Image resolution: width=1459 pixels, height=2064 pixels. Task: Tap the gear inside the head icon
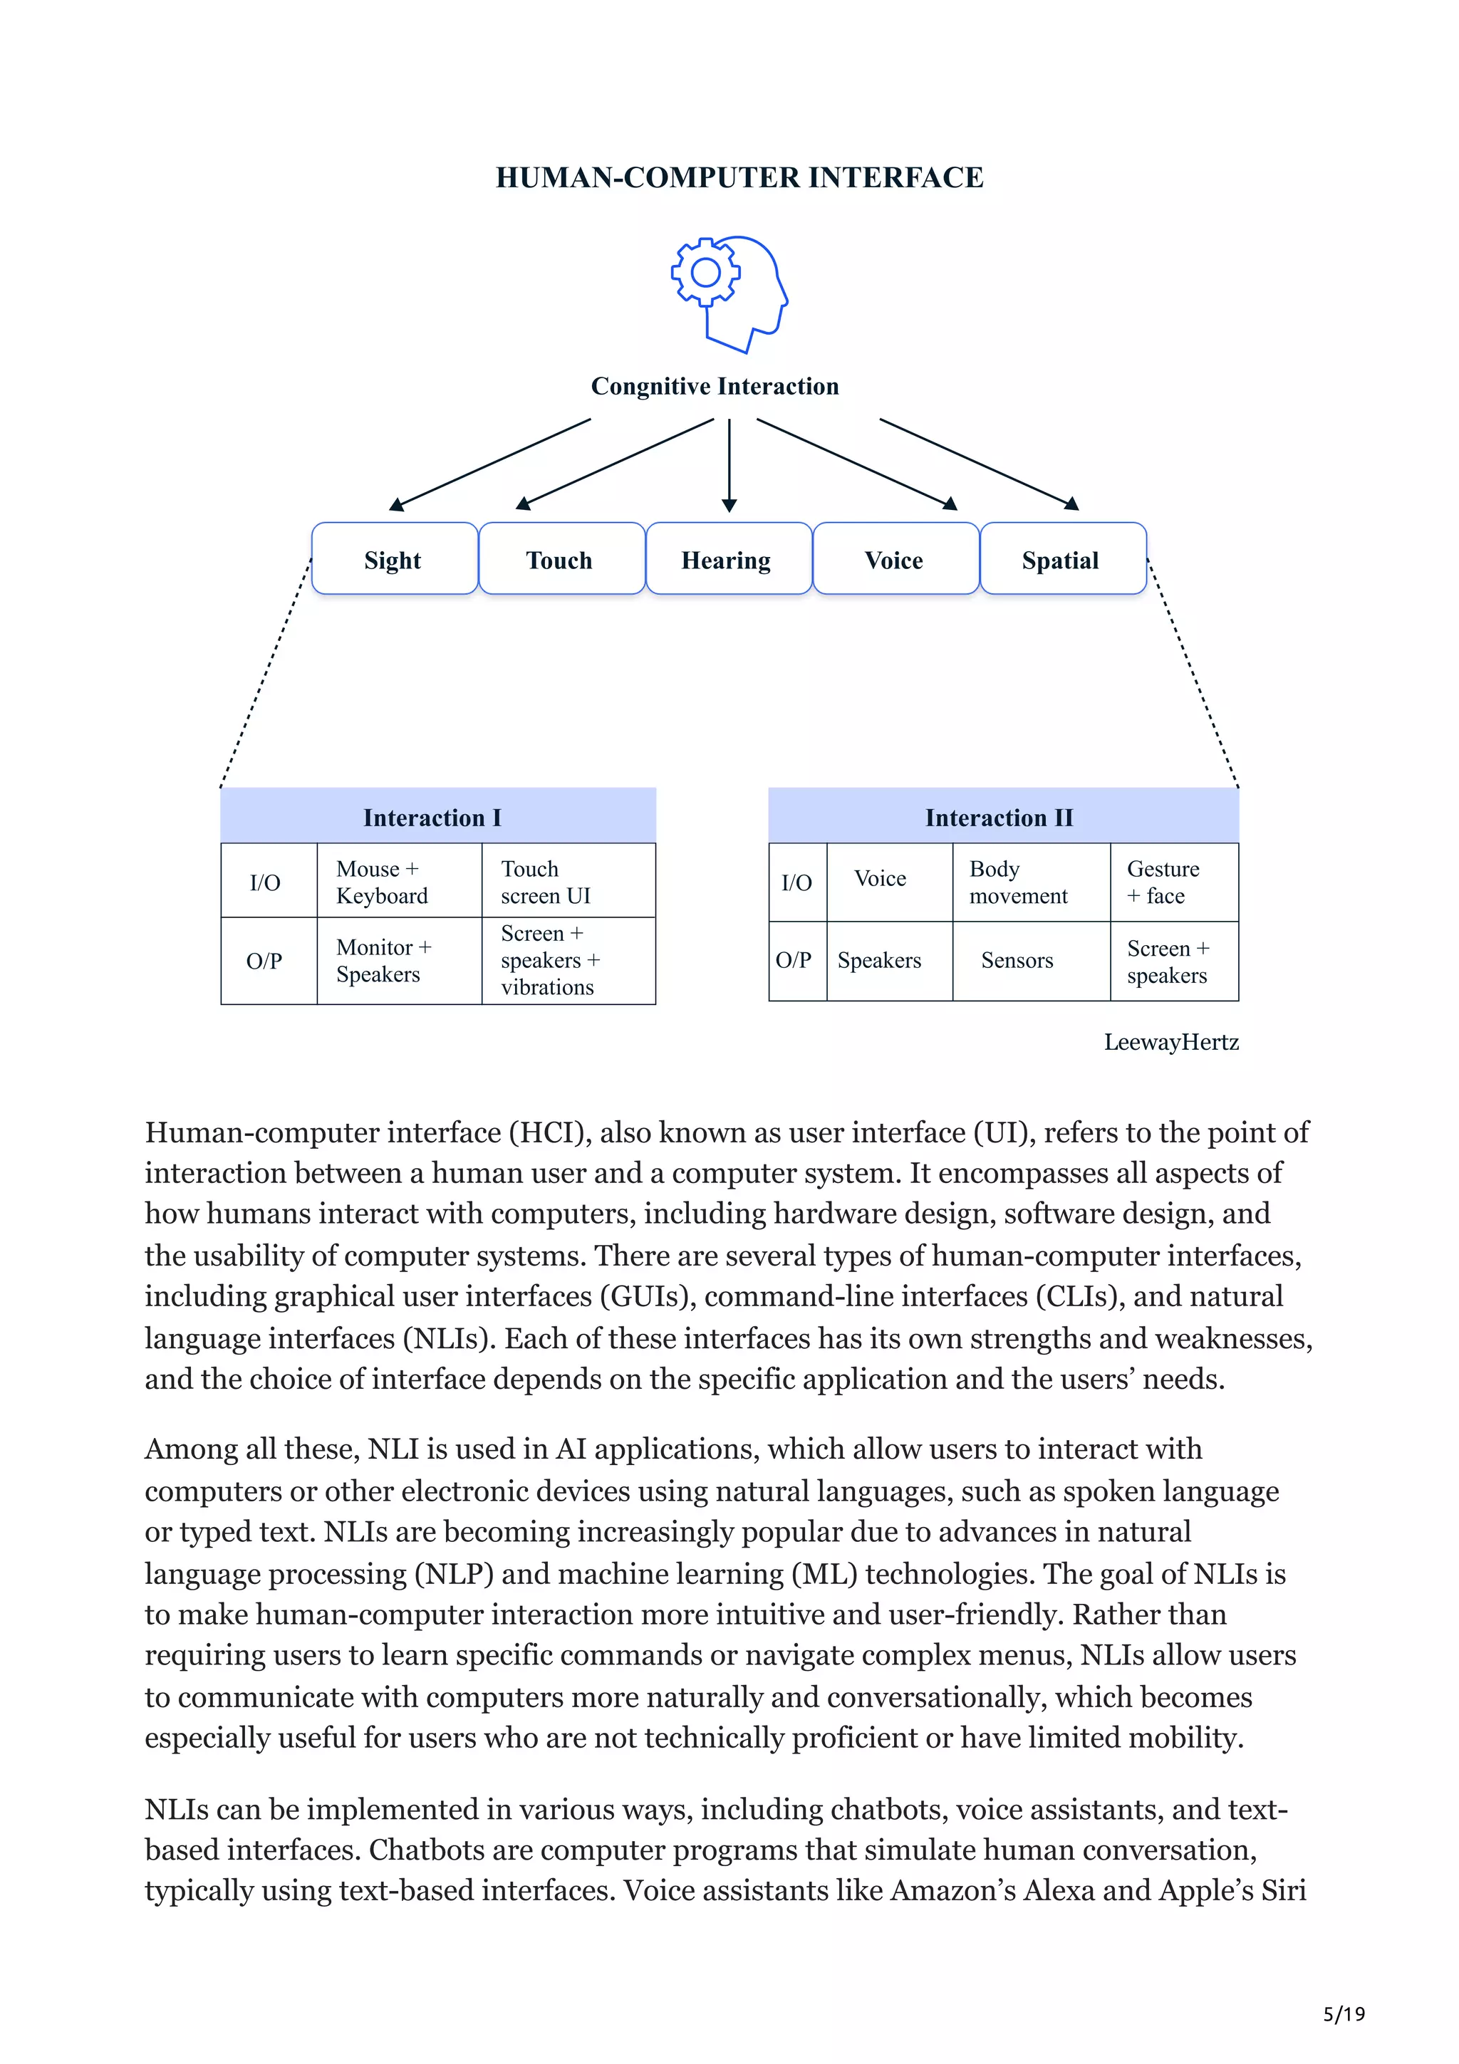(706, 271)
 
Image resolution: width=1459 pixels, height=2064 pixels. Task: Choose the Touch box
(560, 559)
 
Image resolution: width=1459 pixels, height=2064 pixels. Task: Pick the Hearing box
(727, 559)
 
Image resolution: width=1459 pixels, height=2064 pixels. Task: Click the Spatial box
(1061, 559)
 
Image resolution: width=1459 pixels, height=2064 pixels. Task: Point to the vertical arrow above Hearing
(729, 463)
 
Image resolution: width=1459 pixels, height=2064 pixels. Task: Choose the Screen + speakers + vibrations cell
(550, 959)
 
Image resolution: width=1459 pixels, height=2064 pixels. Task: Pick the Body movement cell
(1019, 881)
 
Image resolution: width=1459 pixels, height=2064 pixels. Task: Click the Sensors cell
(1017, 959)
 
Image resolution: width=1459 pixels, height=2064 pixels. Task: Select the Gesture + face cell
(1164, 881)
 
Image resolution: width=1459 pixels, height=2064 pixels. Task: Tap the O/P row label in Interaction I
(264, 960)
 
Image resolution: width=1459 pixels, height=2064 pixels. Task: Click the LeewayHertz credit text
(1171, 1042)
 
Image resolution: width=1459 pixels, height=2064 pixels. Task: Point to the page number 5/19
(1344, 2013)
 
